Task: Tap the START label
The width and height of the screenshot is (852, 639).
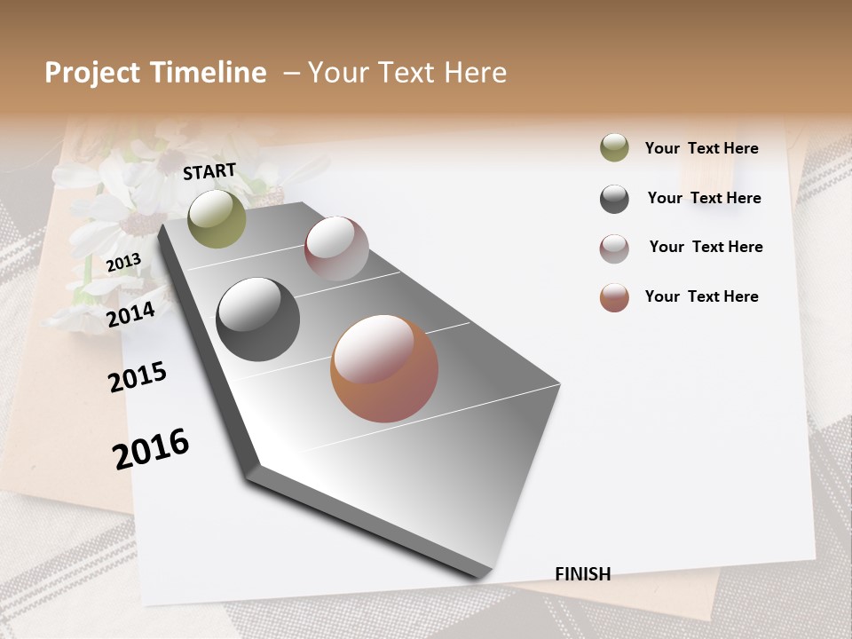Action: (x=209, y=171)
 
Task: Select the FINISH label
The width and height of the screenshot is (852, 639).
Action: (x=582, y=574)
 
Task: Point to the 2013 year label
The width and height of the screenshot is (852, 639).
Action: (x=123, y=263)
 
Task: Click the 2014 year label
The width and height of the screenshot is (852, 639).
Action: (x=130, y=314)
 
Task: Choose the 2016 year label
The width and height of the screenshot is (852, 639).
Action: (x=151, y=449)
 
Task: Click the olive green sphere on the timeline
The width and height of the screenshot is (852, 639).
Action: (x=217, y=218)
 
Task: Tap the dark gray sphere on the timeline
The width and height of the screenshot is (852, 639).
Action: (x=257, y=319)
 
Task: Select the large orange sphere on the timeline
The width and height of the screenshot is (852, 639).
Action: (x=384, y=368)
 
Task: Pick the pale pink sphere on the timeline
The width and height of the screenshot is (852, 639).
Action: (x=336, y=248)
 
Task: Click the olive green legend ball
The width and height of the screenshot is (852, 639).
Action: (x=614, y=147)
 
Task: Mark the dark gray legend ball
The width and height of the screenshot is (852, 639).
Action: (x=614, y=199)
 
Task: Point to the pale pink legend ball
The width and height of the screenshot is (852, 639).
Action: (x=614, y=248)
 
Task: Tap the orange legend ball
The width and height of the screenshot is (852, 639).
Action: (x=614, y=297)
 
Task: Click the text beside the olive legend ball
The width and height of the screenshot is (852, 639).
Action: (x=701, y=148)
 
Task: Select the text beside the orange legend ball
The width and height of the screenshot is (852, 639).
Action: (x=701, y=296)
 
